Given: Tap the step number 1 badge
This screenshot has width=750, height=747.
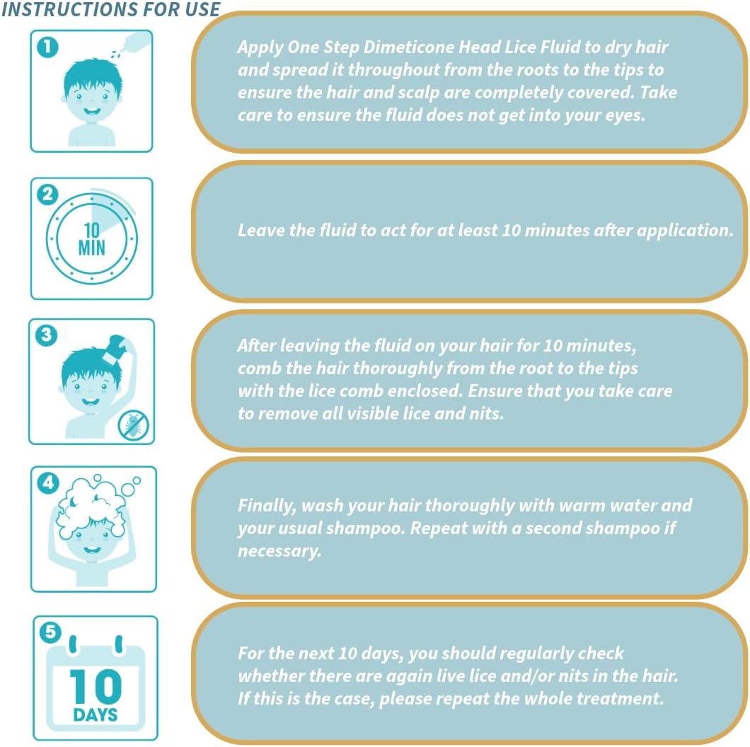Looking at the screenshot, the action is (x=47, y=47).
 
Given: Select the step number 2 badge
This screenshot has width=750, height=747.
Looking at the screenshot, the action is (x=47, y=195).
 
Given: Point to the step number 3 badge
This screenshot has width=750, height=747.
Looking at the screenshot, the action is (x=47, y=335).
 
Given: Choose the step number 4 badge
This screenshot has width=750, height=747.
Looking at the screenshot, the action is (x=48, y=482).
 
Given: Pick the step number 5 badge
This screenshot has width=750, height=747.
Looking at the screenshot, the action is (x=50, y=632).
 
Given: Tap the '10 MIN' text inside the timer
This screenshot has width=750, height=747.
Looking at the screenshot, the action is (x=91, y=239).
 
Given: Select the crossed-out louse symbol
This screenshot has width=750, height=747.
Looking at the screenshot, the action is (x=134, y=425).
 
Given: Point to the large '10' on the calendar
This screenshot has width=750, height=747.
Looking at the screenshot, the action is (x=96, y=686).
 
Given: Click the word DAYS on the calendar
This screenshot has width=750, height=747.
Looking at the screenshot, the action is (x=96, y=715).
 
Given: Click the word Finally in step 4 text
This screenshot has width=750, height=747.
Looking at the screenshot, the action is (x=267, y=506).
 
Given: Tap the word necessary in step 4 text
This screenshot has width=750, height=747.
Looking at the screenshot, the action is (x=279, y=551).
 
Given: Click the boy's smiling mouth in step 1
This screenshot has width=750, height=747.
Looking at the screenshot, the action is (x=91, y=112).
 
